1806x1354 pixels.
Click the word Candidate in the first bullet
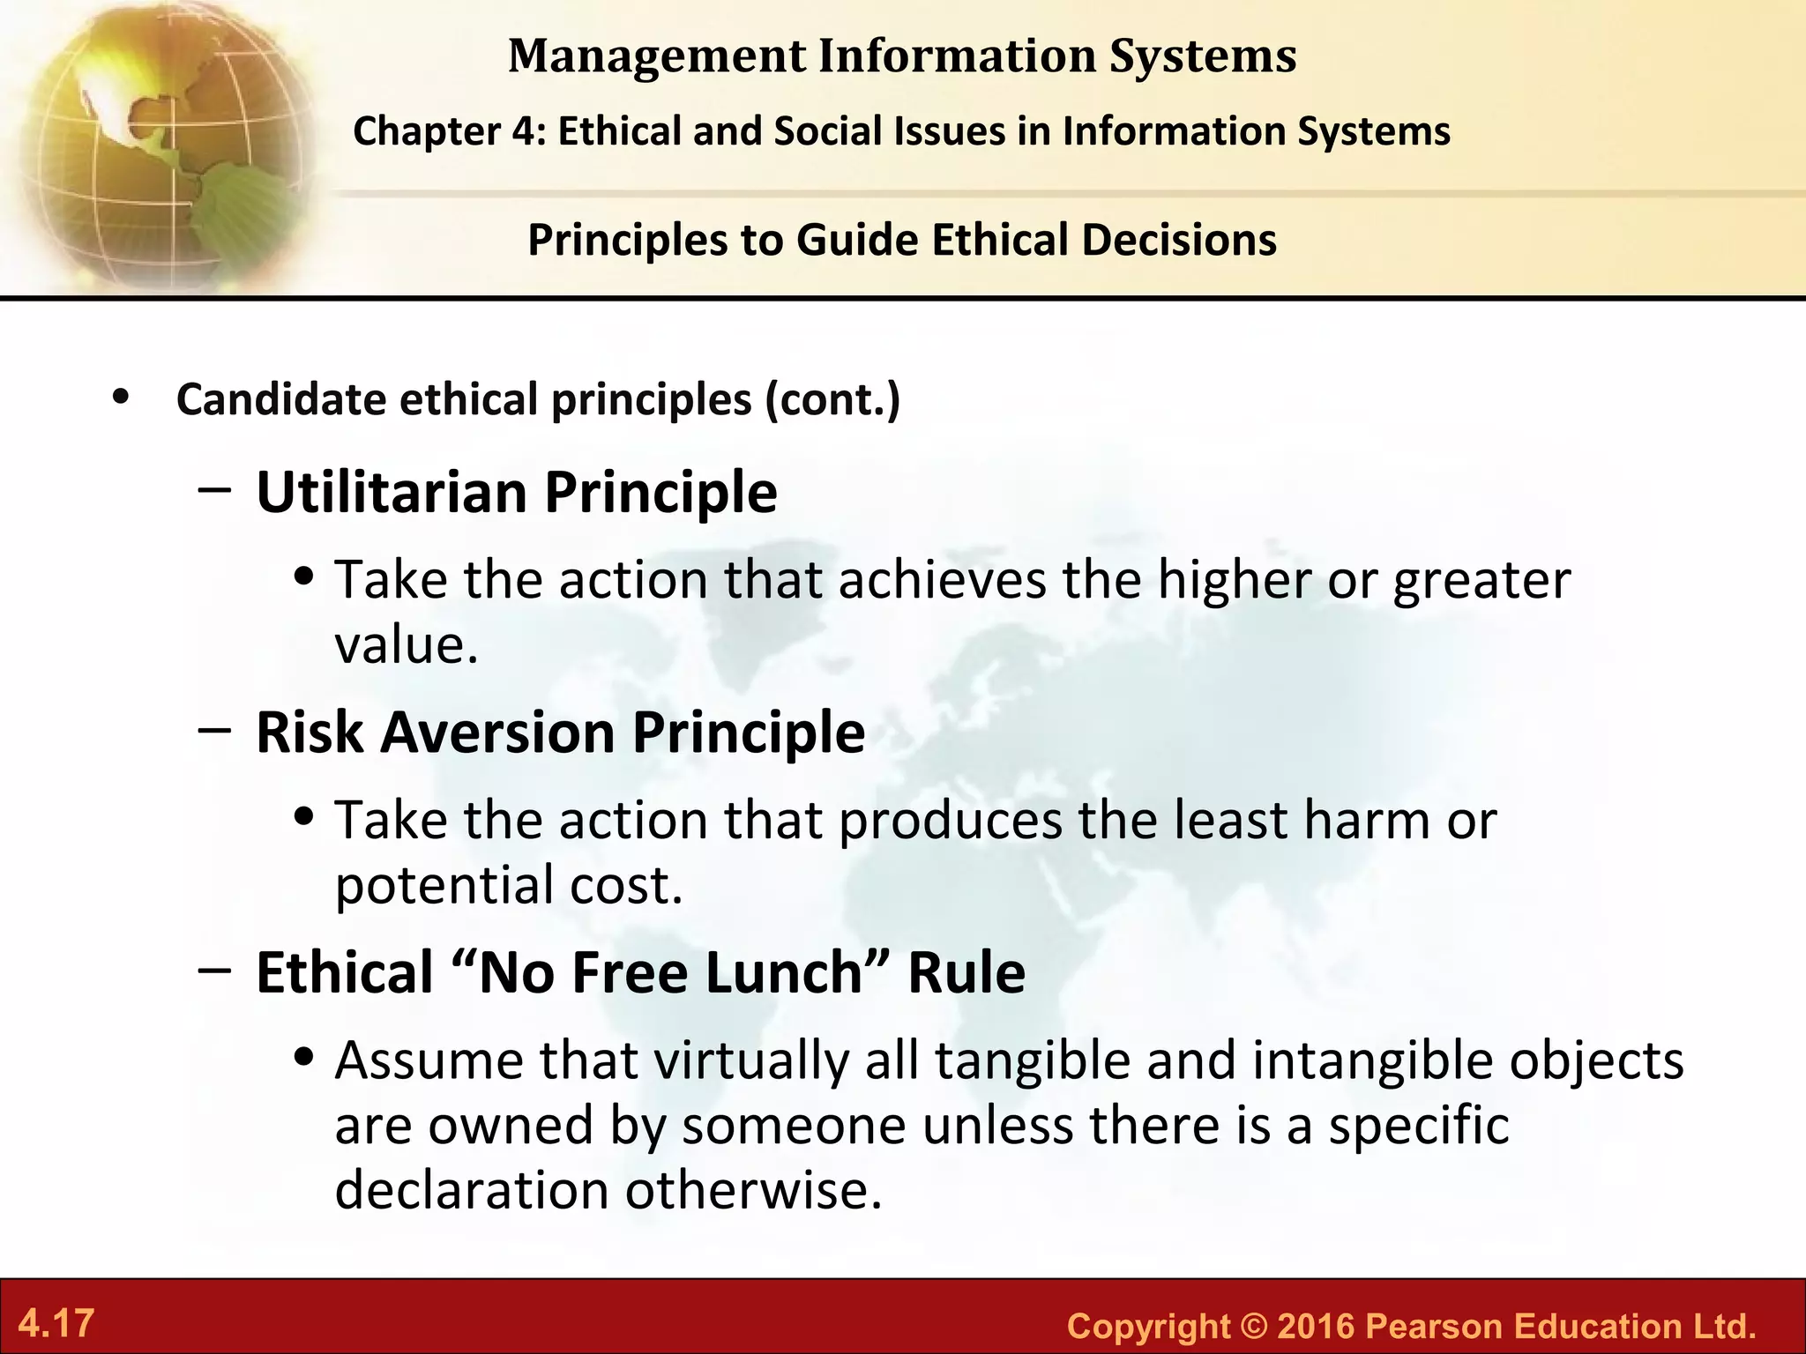point(281,399)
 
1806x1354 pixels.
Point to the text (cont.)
point(832,399)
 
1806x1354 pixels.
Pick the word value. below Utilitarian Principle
point(407,645)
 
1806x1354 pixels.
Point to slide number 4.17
point(56,1323)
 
